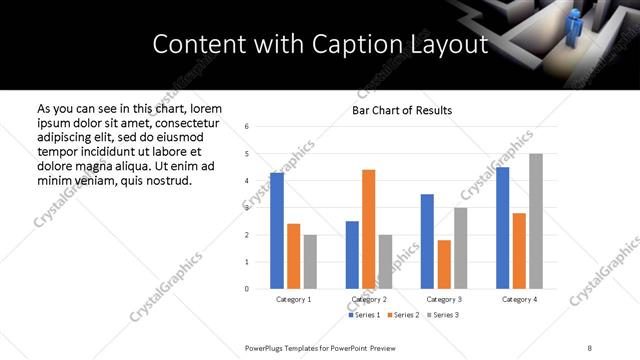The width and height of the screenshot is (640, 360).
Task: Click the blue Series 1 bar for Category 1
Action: [277, 231]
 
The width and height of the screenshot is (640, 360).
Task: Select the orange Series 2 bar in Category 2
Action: [368, 229]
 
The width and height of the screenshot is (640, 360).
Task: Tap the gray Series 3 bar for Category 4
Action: [536, 221]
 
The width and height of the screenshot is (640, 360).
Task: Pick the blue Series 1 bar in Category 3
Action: [427, 241]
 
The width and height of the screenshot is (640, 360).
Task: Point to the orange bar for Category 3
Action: [444, 264]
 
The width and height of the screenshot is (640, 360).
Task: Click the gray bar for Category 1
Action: [310, 262]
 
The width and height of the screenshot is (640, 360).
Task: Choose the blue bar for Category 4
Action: [503, 228]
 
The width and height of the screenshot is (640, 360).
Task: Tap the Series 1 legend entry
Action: [362, 315]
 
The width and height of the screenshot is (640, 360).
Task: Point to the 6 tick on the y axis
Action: [247, 126]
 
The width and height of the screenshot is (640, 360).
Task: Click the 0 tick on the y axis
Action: [247, 289]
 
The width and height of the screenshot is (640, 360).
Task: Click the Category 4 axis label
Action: [519, 299]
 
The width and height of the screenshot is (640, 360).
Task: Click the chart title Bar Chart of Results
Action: [402, 110]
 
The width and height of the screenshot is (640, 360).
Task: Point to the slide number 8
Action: [588, 346]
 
